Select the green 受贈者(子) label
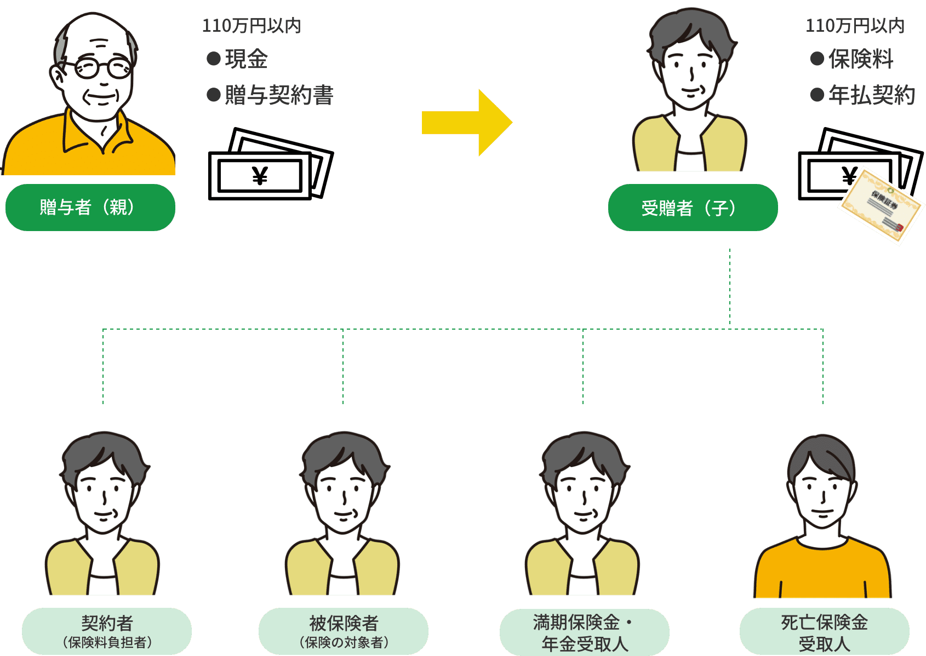[x=692, y=208]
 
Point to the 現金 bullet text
[x=246, y=59]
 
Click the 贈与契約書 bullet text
[x=278, y=95]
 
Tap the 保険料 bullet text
[x=860, y=59]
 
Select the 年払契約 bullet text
[x=871, y=95]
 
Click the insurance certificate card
[x=881, y=206]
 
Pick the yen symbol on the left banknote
[x=260, y=176]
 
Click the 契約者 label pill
[x=107, y=631]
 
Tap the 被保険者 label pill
[x=344, y=631]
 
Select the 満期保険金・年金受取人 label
[x=584, y=632]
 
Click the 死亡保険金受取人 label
[x=824, y=632]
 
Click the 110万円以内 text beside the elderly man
[x=251, y=26]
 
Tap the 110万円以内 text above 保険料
[x=855, y=26]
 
